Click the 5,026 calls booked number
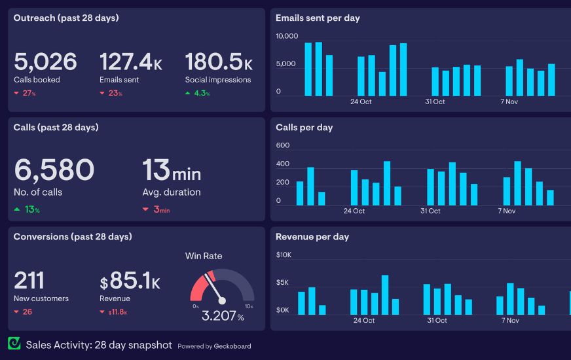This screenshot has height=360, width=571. [x=45, y=62]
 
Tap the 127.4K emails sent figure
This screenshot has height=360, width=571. [x=130, y=62]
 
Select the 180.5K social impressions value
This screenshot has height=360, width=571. [x=218, y=62]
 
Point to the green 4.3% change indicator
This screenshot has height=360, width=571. [x=198, y=94]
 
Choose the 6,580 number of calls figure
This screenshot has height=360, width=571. [x=54, y=170]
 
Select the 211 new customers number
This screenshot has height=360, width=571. [x=29, y=281]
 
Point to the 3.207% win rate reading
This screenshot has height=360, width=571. [x=222, y=317]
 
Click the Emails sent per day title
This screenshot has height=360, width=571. [x=318, y=18]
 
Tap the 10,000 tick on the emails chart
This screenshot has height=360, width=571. [x=287, y=36]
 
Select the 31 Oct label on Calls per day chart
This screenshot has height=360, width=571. [x=430, y=211]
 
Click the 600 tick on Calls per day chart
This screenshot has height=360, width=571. [x=283, y=145]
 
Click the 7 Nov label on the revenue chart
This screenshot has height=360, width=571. [x=509, y=320]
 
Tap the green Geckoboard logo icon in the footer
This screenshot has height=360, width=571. [x=14, y=344]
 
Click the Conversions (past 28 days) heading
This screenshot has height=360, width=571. [x=72, y=237]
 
